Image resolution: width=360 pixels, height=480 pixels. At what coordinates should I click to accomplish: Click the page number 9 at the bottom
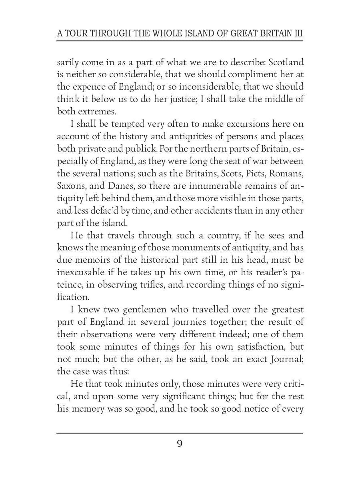tap(180, 444)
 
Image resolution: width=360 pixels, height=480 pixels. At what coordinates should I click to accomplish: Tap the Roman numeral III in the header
tap(298, 33)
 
